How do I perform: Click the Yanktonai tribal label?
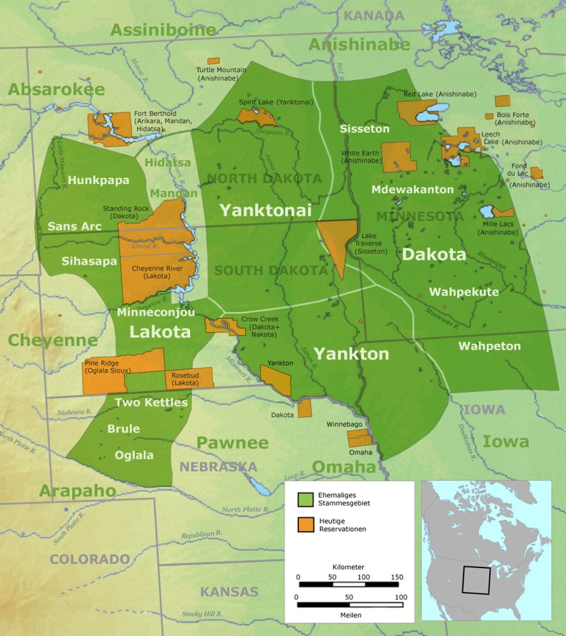tap(265, 211)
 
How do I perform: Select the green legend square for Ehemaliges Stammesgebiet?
tap(305, 499)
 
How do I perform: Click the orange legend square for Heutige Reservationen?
tap(305, 525)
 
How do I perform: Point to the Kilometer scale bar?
tap(349, 584)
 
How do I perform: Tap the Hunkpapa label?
tap(99, 180)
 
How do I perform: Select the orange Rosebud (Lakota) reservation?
tap(188, 377)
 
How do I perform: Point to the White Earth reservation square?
tap(398, 157)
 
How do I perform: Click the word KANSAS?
tap(229, 591)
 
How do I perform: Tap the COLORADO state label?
tap(89, 559)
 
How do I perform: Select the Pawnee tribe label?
tap(232, 443)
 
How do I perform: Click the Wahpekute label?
tap(463, 292)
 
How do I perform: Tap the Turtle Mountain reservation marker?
tap(213, 61)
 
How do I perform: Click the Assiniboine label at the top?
tap(163, 29)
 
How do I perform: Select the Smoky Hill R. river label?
tap(201, 614)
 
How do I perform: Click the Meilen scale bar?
tap(349, 604)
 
